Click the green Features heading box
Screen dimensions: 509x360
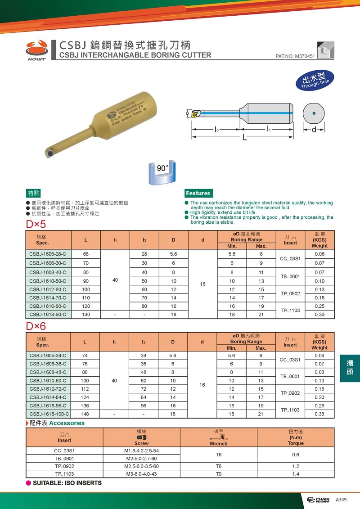click(198, 193)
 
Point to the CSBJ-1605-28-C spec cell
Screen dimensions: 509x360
click(48, 254)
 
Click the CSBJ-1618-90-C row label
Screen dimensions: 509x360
click(48, 314)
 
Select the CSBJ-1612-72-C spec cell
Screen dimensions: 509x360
click(48, 389)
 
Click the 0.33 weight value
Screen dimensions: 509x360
click(319, 314)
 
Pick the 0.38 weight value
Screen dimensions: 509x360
click(319, 414)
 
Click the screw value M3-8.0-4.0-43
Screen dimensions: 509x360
click(141, 474)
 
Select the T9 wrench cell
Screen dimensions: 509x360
click(219, 474)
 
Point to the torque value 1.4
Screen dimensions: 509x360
click(295, 474)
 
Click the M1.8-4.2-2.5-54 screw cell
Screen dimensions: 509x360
click(141, 450)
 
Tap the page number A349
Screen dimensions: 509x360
click(341, 500)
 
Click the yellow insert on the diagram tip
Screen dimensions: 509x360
click(193, 114)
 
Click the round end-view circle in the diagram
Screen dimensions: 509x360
click(314, 113)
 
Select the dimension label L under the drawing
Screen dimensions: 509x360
click(245, 138)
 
